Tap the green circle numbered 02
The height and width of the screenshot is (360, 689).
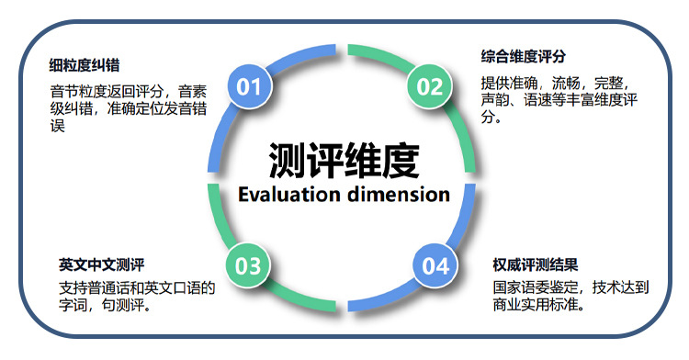pyautogui.click(x=430, y=87)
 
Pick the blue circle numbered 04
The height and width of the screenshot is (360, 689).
pyautogui.click(x=435, y=266)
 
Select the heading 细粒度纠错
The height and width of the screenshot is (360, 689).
pyautogui.click(x=85, y=65)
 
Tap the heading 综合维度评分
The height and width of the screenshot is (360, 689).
pyautogui.click(x=523, y=56)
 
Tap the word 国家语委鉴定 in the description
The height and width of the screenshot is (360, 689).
pyautogui.click(x=536, y=287)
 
